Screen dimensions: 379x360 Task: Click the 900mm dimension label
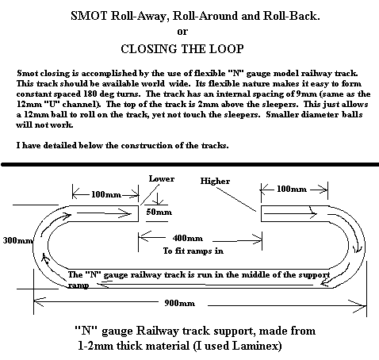tap(180, 303)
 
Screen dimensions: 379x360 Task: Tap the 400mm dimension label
tap(188, 238)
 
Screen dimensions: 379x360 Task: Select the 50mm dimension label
tap(159, 212)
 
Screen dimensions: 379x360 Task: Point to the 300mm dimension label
tap(18, 240)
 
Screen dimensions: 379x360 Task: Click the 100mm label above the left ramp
tap(106, 195)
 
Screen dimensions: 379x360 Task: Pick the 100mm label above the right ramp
tap(292, 189)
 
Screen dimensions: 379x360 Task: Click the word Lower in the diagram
tap(162, 179)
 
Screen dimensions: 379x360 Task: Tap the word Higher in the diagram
tap(215, 181)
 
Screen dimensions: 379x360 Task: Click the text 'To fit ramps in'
tap(193, 251)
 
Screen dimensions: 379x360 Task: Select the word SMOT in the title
tap(89, 16)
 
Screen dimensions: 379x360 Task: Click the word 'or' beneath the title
tap(182, 32)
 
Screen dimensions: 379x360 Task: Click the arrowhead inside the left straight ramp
tap(124, 213)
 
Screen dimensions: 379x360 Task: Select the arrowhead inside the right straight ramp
tap(313, 213)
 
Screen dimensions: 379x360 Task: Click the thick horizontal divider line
tap(189, 164)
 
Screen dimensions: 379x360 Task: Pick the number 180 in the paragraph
tap(90, 94)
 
